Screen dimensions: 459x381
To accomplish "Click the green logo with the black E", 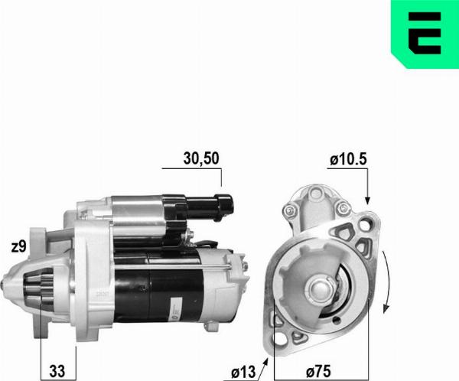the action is (425, 34).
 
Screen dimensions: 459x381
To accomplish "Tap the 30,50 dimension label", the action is (201, 158).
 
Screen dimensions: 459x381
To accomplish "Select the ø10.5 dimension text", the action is (348, 160).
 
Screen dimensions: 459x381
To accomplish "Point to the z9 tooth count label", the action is (18, 247).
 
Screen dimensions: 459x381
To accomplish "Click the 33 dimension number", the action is (57, 371).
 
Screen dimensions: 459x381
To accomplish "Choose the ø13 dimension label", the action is (243, 373).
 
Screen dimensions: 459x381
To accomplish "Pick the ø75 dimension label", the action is (318, 372).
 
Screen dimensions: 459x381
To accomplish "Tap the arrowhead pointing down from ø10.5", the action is (367, 200).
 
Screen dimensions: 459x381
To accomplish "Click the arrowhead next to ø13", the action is (265, 363).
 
